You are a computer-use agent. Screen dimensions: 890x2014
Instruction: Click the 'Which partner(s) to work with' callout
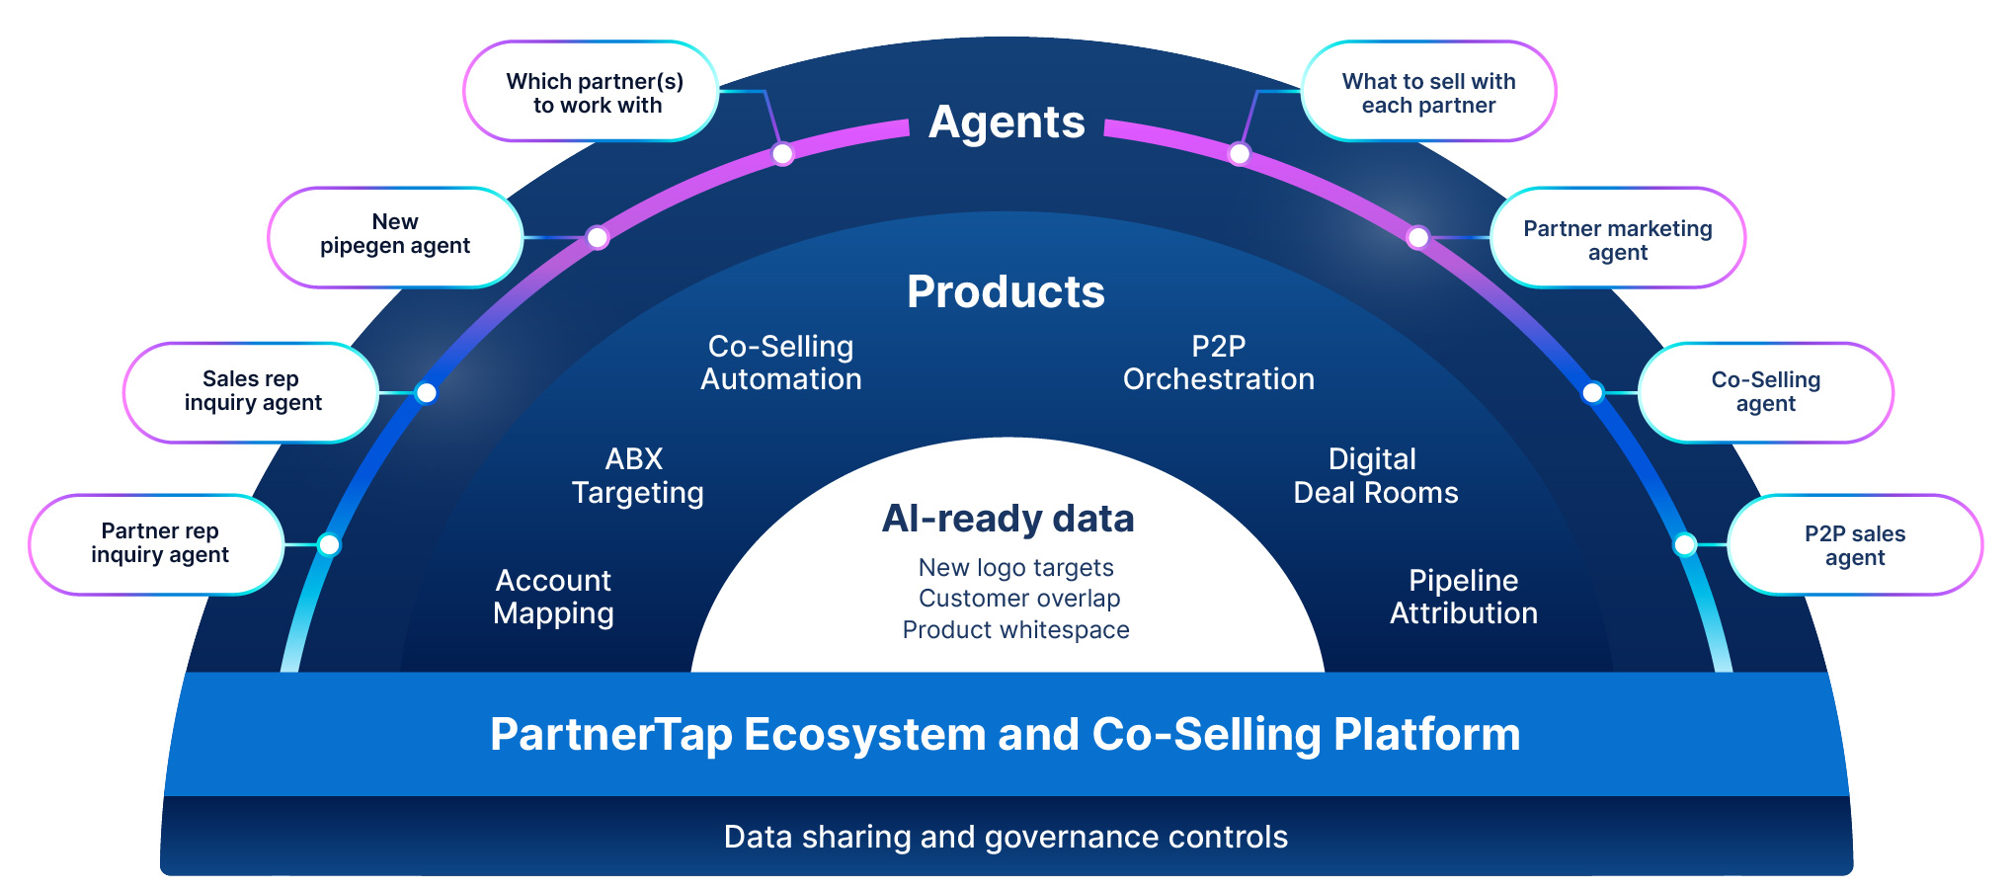592,92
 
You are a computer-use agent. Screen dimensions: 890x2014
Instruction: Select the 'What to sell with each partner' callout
1428,92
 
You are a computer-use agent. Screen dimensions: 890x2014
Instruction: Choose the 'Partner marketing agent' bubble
1617,239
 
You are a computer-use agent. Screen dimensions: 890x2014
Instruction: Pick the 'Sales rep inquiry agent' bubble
252,392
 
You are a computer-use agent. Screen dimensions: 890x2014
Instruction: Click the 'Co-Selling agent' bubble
1765,392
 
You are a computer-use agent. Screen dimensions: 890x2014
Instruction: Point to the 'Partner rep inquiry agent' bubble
158,544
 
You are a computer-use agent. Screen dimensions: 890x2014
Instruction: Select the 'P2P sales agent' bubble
1854,545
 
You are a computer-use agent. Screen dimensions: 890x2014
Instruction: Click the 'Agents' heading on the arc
1007,122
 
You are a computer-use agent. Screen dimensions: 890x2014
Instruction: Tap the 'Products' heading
1006,292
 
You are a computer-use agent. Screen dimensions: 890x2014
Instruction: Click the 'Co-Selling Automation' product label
780,363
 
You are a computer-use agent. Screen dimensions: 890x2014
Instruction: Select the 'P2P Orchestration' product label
1218,363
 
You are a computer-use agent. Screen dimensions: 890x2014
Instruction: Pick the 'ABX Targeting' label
637,475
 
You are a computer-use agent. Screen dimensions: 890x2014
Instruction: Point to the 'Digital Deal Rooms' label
1375,475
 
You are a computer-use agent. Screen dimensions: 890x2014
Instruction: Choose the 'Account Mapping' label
553,597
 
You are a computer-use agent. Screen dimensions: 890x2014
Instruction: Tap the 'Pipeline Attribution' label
1463,597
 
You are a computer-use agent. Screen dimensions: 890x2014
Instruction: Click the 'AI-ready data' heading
1007,519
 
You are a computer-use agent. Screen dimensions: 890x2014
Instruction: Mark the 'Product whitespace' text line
1015,630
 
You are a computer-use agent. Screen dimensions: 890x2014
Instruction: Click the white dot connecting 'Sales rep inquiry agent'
426,393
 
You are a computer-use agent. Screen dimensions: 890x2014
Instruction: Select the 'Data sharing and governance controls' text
1006,838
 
